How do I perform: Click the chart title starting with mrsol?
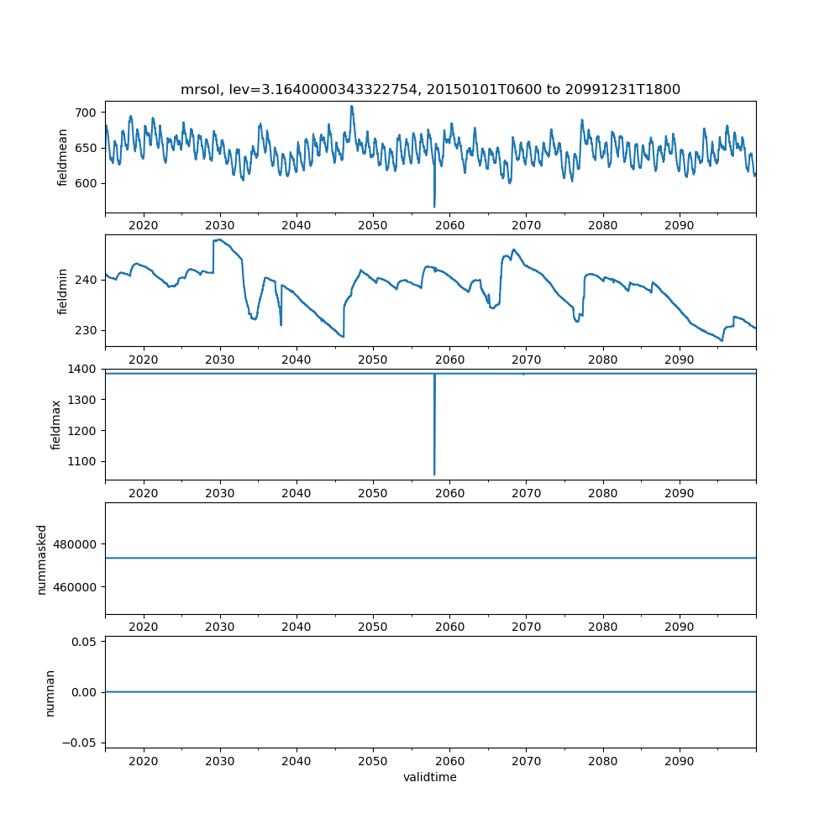tap(430, 89)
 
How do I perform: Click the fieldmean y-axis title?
tap(62, 157)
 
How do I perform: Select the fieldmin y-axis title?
tap(62, 291)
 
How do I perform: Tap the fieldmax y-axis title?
tap(56, 424)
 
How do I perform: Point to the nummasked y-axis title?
tap(41, 559)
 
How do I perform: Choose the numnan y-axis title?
tap(50, 692)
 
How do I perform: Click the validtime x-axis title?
tap(430, 778)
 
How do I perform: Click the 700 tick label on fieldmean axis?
tap(87, 113)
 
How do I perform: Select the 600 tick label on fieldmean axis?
tap(87, 183)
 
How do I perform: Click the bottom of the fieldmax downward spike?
tap(434, 475)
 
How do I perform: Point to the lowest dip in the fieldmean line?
tap(434, 207)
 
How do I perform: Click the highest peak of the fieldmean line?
tap(352, 106)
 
